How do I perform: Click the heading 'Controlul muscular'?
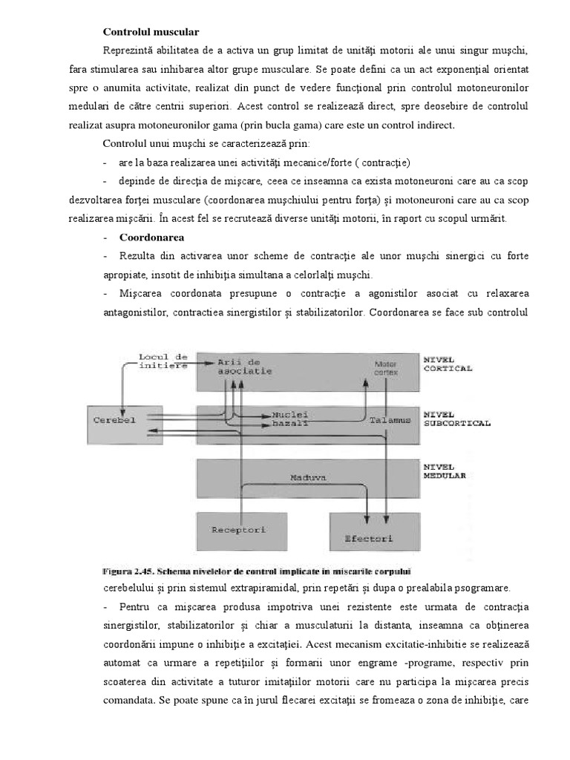151,32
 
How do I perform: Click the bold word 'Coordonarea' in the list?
151,237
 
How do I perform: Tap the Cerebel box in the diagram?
115,420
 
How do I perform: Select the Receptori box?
238,531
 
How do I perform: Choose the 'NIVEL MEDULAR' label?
444,472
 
